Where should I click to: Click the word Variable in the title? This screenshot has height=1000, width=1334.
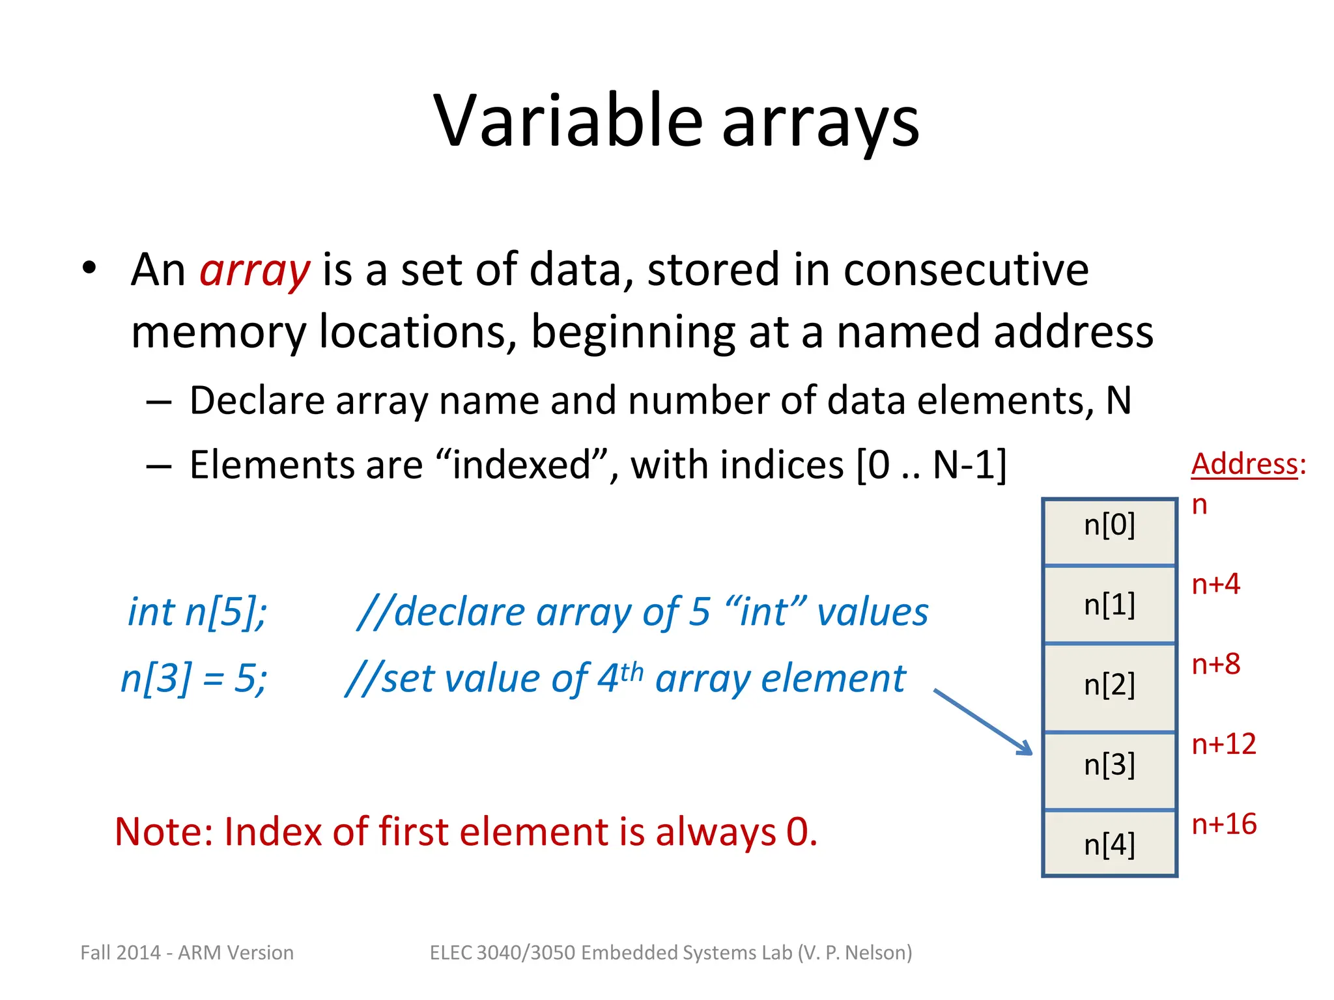pyautogui.click(x=568, y=122)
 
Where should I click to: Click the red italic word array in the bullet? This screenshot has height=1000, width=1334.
pyautogui.click(x=254, y=270)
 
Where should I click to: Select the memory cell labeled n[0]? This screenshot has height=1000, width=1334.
pyautogui.click(x=1109, y=531)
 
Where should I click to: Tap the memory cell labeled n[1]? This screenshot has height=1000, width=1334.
pyautogui.click(x=1109, y=605)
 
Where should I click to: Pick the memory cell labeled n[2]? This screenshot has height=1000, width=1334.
pyautogui.click(x=1109, y=686)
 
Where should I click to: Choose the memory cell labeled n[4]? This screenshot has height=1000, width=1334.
pyautogui.click(x=1109, y=844)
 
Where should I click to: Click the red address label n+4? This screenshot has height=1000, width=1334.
pyautogui.click(x=1215, y=584)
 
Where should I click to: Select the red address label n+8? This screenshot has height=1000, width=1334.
pyautogui.click(x=1215, y=664)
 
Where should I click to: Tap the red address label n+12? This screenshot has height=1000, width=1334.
pyautogui.click(x=1223, y=744)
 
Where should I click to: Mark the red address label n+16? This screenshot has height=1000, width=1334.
pyautogui.click(x=1223, y=824)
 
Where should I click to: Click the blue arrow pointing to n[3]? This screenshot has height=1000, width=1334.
pyautogui.click(x=984, y=723)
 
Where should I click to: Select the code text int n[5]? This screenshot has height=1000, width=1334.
pyautogui.click(x=197, y=613)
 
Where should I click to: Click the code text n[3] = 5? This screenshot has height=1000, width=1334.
pyautogui.click(x=194, y=678)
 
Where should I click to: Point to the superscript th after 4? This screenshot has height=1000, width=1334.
pyautogui.click(x=631, y=671)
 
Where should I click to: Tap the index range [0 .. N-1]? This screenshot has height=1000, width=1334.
pyautogui.click(x=931, y=465)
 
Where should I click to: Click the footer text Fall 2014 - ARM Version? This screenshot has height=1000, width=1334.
pyautogui.click(x=187, y=952)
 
